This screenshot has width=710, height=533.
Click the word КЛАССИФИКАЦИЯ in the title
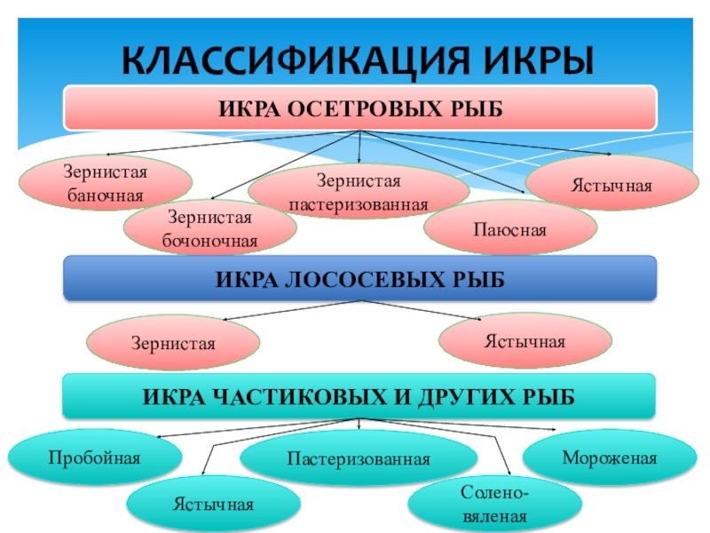click(285, 61)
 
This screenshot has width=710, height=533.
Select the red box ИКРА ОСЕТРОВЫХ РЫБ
click(359, 107)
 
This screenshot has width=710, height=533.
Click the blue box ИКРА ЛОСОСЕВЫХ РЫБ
click(359, 279)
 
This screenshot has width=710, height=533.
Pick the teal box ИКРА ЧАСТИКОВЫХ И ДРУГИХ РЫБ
click(359, 395)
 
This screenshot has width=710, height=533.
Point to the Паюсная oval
click(509, 229)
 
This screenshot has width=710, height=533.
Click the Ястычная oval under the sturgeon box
click(611, 185)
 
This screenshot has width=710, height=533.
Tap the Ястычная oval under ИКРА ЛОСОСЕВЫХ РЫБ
click(525, 340)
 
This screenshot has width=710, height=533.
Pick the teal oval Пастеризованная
click(359, 459)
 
